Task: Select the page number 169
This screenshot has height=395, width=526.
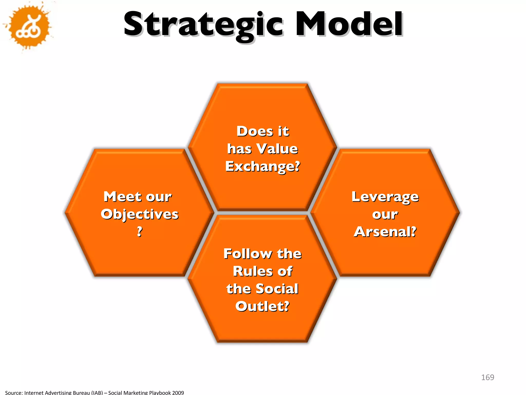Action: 487,377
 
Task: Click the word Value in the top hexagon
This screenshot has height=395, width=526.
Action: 277,149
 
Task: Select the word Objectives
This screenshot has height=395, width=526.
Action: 139,214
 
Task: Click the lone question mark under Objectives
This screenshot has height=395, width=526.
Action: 139,231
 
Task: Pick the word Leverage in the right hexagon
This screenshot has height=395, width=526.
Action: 385,197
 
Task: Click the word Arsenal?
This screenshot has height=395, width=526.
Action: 385,231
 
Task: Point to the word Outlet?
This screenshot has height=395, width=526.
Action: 262,306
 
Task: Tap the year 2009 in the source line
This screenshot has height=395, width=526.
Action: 178,392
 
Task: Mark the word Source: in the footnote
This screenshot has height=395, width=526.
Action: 14,392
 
